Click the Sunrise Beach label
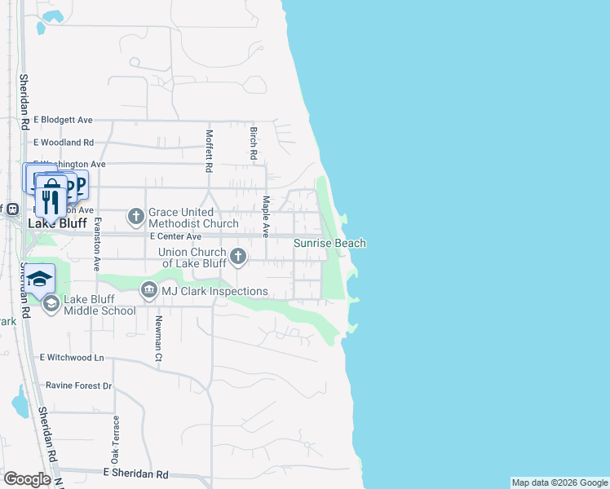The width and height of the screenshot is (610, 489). [329, 243]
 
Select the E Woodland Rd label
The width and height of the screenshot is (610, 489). [64, 142]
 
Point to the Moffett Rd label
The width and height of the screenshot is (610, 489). [210, 151]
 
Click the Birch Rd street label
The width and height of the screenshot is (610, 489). [254, 143]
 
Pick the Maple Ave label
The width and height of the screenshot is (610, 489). [266, 212]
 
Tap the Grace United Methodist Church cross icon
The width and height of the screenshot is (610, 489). [136, 217]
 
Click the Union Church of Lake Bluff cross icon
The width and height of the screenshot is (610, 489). [238, 258]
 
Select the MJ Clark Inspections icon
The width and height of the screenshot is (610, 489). [148, 290]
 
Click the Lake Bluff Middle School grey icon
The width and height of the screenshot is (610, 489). [51, 304]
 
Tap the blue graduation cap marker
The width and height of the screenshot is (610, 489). [39, 279]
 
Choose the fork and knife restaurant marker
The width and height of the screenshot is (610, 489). [51, 198]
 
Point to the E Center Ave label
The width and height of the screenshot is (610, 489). [176, 236]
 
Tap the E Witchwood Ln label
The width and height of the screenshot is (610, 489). [72, 357]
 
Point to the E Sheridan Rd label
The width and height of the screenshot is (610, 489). [135, 474]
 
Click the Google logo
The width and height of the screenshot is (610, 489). [27, 479]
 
